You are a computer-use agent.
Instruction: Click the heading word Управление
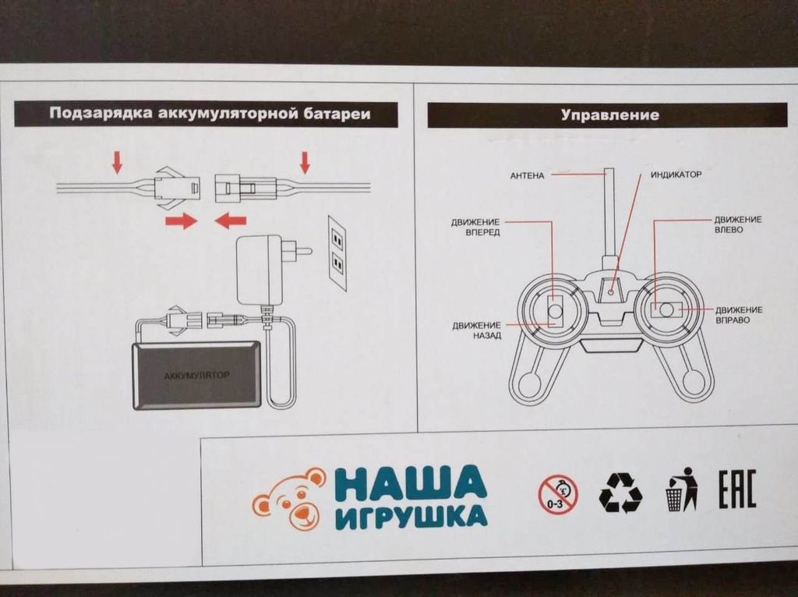[609, 115]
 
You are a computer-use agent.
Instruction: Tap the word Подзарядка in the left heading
[101, 114]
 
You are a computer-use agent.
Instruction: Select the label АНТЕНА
[527, 175]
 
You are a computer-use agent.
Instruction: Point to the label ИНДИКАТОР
[676, 175]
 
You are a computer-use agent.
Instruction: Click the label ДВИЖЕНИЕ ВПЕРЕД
[475, 227]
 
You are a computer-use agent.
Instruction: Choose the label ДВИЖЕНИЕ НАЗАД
[476, 330]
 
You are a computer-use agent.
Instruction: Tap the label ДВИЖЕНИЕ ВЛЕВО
[738, 225]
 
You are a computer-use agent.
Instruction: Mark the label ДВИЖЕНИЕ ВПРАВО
[738, 315]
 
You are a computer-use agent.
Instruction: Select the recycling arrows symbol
[620, 493]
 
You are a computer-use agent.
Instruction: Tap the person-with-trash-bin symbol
[681, 489]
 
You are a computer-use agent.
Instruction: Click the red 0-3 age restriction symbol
[558, 494]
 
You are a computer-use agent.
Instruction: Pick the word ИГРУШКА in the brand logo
[411, 518]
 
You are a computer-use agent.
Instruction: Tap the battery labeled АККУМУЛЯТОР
[197, 375]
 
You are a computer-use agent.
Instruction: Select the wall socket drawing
[337, 253]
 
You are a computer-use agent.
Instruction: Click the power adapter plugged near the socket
[262, 269]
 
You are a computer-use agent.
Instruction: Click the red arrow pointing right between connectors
[181, 222]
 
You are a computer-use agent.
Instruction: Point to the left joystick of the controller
[555, 311]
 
